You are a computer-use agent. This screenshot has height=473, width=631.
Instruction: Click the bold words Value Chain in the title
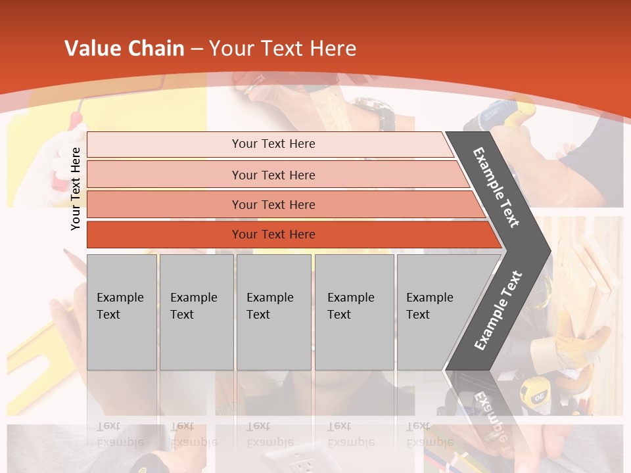pyautogui.click(x=124, y=49)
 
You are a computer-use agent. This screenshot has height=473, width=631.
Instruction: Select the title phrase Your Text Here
pyautogui.click(x=283, y=49)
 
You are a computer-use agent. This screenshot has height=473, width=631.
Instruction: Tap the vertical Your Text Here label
pyautogui.click(x=76, y=189)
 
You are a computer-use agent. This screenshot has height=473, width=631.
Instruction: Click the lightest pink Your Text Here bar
pyautogui.click(x=273, y=144)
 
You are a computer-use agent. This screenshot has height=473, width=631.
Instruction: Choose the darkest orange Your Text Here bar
pyautogui.click(x=273, y=235)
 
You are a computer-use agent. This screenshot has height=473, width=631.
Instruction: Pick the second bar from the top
pyautogui.click(x=273, y=175)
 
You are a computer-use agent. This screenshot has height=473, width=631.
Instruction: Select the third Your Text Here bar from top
pyautogui.click(x=273, y=205)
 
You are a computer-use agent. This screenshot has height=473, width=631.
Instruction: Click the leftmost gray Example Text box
pyautogui.click(x=122, y=312)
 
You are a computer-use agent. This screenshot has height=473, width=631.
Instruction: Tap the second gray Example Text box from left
pyautogui.click(x=196, y=312)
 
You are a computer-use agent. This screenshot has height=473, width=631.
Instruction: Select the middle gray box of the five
pyautogui.click(x=273, y=312)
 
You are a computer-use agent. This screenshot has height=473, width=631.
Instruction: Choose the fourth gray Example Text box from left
pyautogui.click(x=354, y=312)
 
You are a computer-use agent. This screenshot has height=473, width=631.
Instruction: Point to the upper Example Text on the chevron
pyautogui.click(x=496, y=187)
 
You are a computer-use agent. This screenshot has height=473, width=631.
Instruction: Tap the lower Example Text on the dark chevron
pyautogui.click(x=498, y=310)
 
